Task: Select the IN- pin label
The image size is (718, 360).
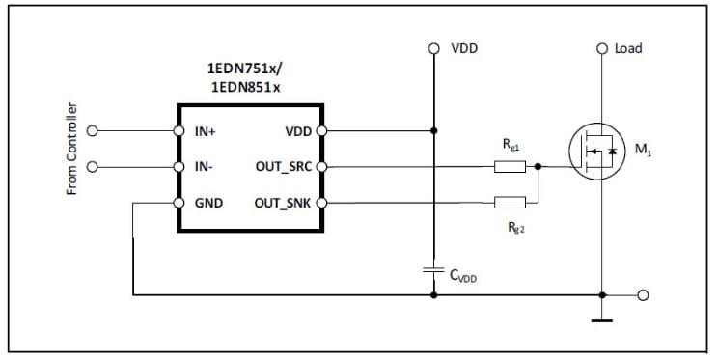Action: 203,167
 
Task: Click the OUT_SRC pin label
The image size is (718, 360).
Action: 282,167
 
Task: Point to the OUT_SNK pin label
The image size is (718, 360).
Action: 282,203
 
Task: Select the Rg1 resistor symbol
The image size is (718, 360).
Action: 510,166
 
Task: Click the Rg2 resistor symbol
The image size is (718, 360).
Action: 510,203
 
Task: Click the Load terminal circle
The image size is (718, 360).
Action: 602,47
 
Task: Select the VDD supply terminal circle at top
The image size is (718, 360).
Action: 434,47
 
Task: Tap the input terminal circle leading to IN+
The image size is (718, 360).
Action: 93,130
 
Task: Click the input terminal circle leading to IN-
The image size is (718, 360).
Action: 93,167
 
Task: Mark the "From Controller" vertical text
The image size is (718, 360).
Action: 72,149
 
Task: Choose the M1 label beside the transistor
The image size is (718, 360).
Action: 640,152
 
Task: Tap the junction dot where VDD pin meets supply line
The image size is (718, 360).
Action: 434,130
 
